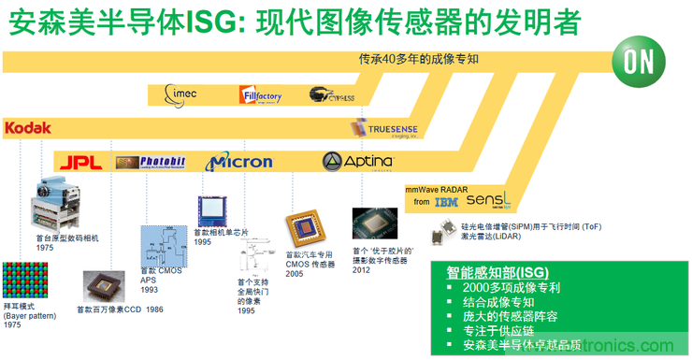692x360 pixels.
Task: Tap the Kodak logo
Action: coord(27,127)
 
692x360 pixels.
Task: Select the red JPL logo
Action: coord(79,163)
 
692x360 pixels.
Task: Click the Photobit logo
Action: coord(151,162)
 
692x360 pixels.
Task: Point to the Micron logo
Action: coord(238,162)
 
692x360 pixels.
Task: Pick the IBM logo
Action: coord(446,201)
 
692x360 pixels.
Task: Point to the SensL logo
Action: coord(488,199)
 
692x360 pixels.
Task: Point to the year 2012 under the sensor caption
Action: coord(363,269)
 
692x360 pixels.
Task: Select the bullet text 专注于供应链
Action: coord(503,330)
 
